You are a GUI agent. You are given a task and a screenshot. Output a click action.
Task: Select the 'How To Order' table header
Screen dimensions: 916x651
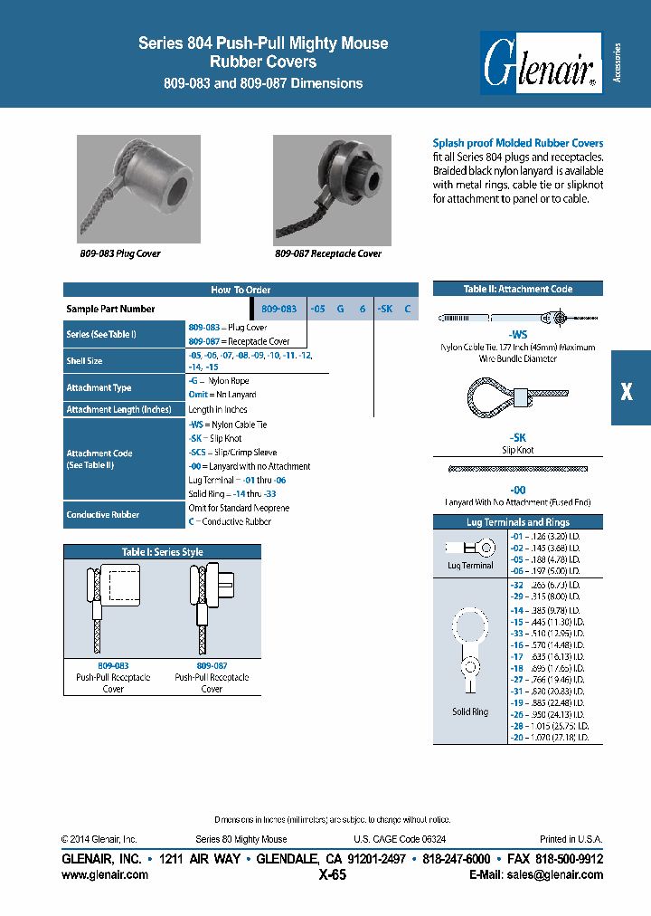click(240, 290)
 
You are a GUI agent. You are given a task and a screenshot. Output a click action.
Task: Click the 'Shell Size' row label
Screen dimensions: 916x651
click(84, 361)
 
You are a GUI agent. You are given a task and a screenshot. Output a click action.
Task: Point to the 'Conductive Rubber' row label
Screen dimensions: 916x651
click(102, 515)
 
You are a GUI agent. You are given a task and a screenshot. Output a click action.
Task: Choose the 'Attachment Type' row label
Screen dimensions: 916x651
click(99, 387)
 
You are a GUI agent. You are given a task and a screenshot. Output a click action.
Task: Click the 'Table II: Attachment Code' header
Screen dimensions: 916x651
click(518, 289)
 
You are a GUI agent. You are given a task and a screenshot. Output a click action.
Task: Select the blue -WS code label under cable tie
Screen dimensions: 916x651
click(517, 333)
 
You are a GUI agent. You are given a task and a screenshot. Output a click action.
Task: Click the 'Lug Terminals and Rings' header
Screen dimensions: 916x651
click(517, 522)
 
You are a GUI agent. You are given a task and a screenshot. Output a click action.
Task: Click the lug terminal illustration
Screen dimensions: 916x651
click(468, 548)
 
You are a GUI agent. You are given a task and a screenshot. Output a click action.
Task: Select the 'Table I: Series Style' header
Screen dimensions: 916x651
click(162, 552)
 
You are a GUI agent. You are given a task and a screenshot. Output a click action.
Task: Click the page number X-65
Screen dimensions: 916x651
click(333, 875)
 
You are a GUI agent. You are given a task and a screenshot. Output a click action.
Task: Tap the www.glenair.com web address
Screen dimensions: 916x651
click(105, 875)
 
